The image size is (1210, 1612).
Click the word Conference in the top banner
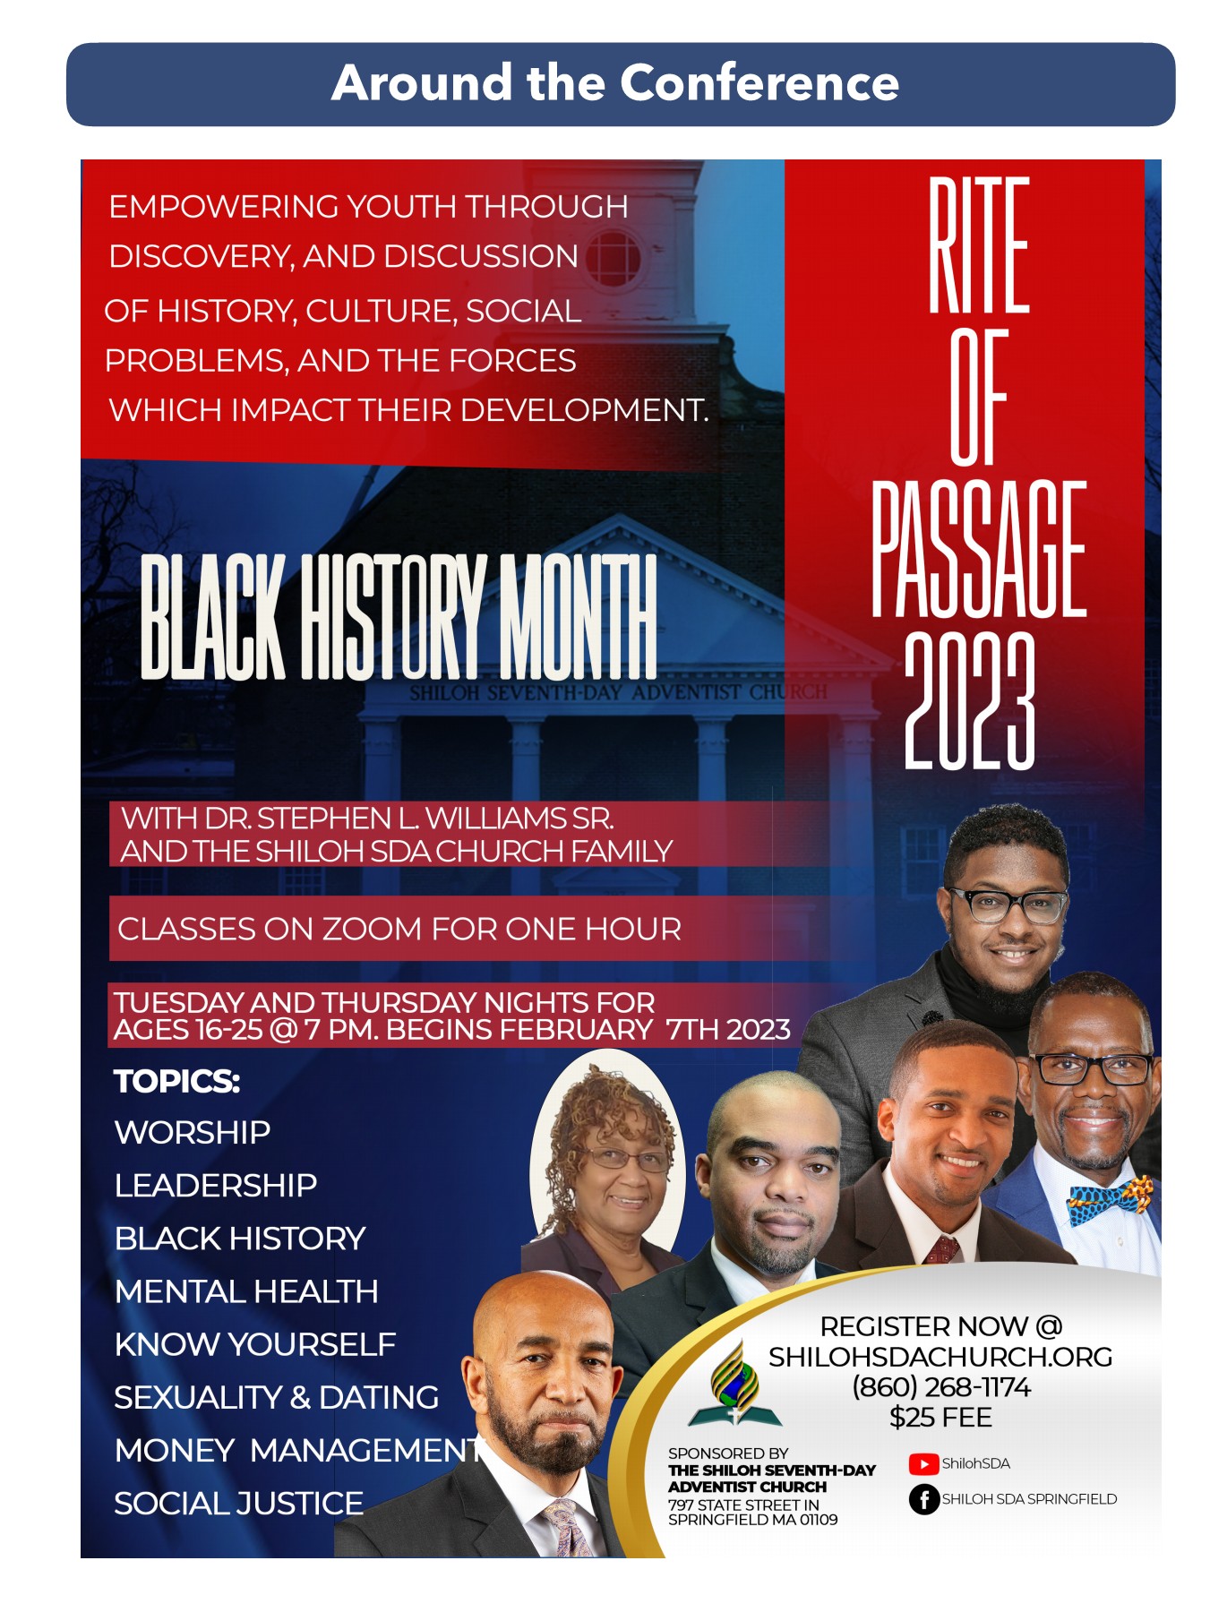759,82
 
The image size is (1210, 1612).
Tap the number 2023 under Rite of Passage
970,700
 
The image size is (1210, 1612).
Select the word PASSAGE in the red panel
979,548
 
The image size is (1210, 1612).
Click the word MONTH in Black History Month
577,616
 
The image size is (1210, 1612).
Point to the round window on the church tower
613,259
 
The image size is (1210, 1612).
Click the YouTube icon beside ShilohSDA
923,1463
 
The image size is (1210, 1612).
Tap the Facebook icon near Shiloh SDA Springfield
923,1498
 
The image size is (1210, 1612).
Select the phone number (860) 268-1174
940,1387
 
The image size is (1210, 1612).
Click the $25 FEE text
940,1418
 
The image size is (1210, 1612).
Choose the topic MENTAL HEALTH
246,1291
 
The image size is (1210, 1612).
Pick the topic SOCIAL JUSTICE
239,1503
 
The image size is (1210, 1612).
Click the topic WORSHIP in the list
193,1133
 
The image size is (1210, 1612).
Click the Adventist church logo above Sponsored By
734,1385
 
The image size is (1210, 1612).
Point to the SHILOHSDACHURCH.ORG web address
940,1357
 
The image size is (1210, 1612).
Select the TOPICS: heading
177,1082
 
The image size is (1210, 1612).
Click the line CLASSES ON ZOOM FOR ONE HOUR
399,929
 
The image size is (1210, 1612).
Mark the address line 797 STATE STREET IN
743,1505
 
